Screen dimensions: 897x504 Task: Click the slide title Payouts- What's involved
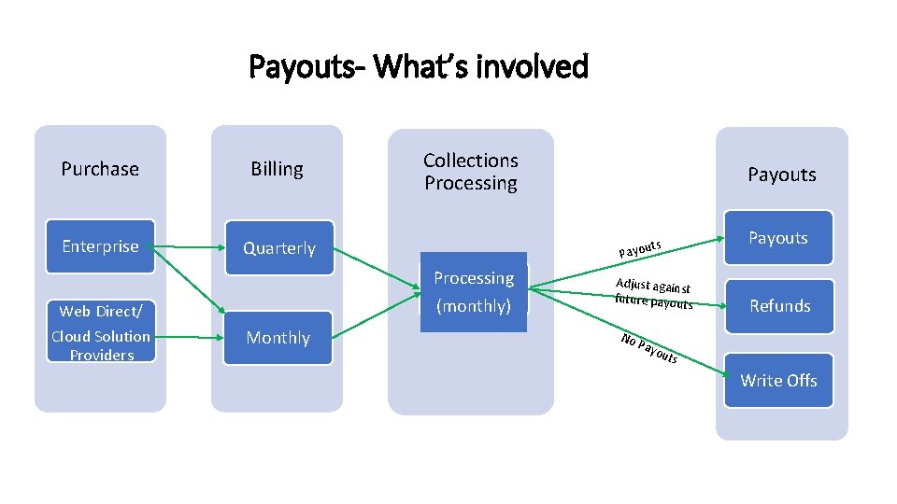click(x=419, y=67)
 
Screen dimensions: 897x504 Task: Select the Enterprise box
click(x=100, y=246)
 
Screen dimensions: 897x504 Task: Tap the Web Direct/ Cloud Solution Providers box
click(x=100, y=332)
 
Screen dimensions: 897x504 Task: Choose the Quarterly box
click(x=278, y=248)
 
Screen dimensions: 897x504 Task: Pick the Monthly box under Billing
click(x=278, y=338)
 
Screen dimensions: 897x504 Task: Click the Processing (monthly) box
click(x=474, y=291)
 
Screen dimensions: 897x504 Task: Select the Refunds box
click(x=779, y=305)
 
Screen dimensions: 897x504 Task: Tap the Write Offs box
click(x=778, y=380)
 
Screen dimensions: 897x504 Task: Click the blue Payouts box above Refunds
click(x=777, y=238)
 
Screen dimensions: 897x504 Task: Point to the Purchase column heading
click(x=100, y=169)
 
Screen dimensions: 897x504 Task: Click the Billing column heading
click(x=277, y=169)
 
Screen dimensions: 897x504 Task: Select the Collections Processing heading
click(x=471, y=172)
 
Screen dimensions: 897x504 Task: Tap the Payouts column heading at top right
click(x=782, y=175)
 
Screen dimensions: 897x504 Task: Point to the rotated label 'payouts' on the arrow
click(x=640, y=248)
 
